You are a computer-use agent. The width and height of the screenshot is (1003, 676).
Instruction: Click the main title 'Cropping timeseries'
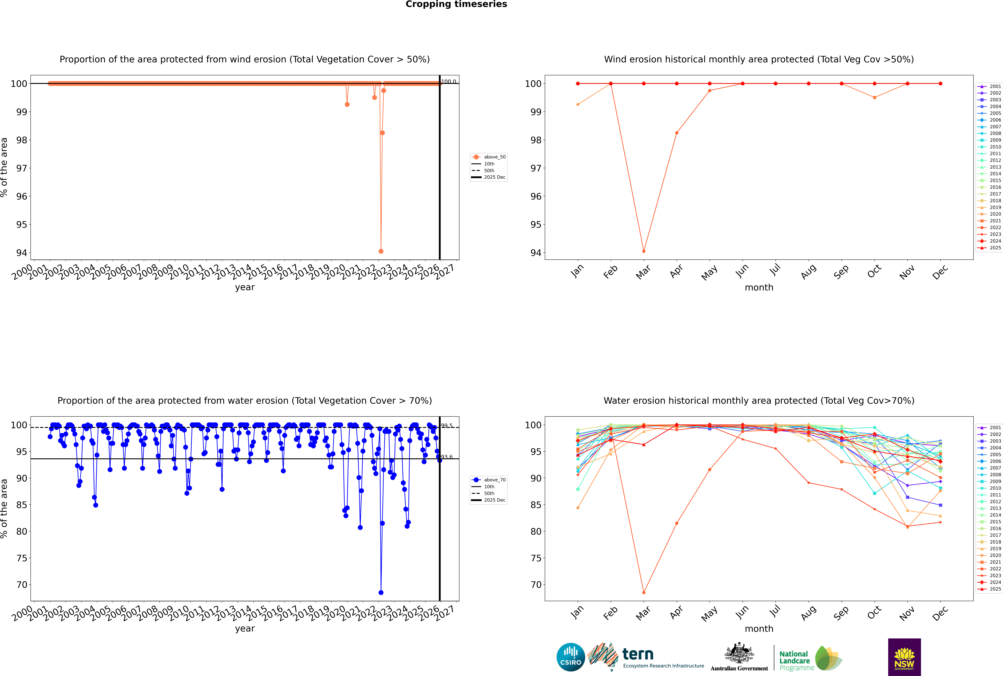456,4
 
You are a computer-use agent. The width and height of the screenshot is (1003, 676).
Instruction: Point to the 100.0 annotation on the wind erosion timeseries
448,82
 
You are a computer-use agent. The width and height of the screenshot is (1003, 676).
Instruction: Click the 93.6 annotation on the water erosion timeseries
447,457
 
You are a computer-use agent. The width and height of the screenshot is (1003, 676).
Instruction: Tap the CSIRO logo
570,657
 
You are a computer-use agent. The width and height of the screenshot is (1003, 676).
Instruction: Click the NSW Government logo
904,657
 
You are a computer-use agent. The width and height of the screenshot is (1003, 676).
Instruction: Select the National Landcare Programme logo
810,658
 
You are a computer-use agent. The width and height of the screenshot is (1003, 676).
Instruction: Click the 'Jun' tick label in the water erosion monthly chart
742,613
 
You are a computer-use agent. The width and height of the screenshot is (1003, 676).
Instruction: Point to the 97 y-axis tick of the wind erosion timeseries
22,168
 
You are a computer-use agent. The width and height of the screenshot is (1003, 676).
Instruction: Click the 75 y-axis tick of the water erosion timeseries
22,558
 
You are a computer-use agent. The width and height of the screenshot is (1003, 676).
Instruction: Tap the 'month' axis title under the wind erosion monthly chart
759,288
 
